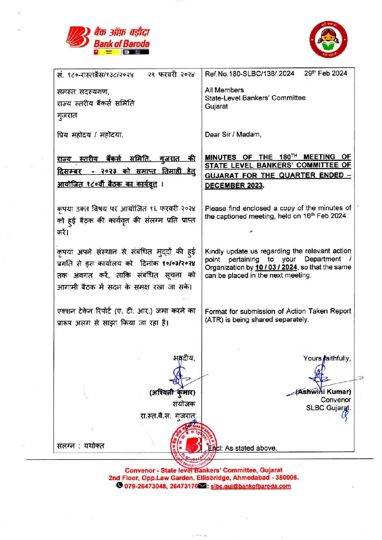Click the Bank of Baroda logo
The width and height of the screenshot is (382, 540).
[x=108, y=40]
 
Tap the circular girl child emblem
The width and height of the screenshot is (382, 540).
[x=328, y=40]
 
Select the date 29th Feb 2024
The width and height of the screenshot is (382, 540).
[x=325, y=73]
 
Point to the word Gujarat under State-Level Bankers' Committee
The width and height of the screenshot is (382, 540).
[x=216, y=106]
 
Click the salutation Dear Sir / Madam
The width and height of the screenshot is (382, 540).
[x=233, y=135]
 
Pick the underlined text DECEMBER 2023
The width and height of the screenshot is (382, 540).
[x=234, y=185]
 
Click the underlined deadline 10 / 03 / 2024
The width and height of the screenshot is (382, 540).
[x=276, y=267]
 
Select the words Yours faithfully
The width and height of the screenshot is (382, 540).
[x=327, y=358]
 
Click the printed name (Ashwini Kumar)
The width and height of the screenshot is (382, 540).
[x=324, y=392]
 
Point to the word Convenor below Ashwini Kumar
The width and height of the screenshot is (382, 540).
[x=336, y=400]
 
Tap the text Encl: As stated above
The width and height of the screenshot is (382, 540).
[x=242, y=448]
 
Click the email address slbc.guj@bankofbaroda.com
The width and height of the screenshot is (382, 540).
[x=251, y=486]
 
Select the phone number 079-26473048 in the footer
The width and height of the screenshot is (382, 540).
[x=146, y=486]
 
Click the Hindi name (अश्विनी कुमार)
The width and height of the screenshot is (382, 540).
[x=172, y=392]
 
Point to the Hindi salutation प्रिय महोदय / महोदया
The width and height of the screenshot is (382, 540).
[x=90, y=135]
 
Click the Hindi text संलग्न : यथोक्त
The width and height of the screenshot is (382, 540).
[x=81, y=446]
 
